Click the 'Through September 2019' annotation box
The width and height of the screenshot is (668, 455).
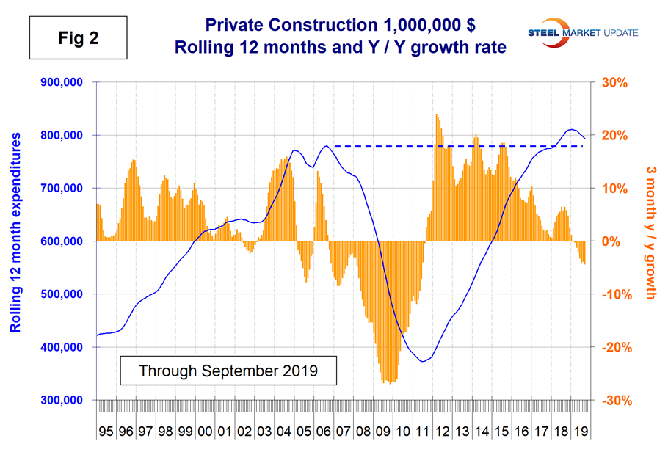(x=228, y=370)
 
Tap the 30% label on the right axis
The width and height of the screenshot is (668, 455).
(x=616, y=82)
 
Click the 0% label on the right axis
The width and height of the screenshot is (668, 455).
(x=616, y=241)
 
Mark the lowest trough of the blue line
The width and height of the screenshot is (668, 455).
(x=422, y=361)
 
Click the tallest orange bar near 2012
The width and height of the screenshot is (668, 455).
(x=436, y=115)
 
